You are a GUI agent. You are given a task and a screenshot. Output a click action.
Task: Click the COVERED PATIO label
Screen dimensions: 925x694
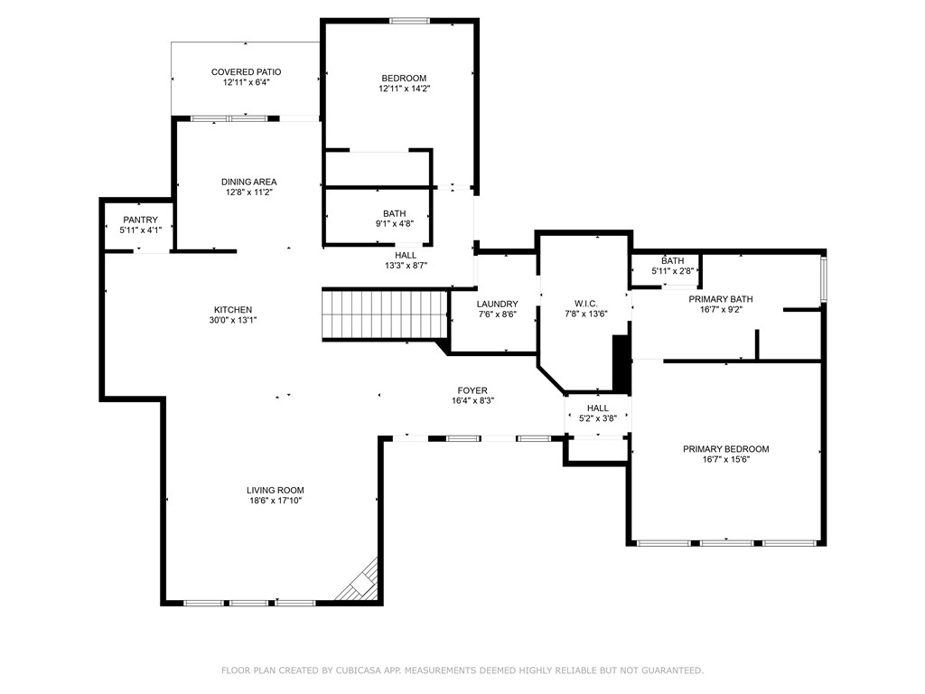(x=246, y=72)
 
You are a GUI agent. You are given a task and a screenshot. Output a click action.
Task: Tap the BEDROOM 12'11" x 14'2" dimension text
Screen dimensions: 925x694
(x=404, y=89)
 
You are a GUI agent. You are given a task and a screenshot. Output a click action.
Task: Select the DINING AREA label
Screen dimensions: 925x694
(x=249, y=182)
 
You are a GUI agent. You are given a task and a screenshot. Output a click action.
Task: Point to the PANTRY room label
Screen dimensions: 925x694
(x=140, y=220)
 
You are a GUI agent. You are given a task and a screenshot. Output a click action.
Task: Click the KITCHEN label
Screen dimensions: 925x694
(x=233, y=310)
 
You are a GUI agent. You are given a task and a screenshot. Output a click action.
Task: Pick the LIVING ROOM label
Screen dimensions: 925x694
(x=276, y=490)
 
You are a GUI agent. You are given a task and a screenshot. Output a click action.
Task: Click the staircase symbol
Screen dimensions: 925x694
(x=385, y=314)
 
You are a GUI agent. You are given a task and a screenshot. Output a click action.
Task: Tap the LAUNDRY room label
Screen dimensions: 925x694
(x=498, y=304)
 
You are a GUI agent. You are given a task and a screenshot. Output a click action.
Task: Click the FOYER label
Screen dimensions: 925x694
(x=472, y=390)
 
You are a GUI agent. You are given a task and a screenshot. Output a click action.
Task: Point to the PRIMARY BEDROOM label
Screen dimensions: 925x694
(x=726, y=449)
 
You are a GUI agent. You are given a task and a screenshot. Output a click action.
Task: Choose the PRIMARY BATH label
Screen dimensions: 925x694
(x=721, y=299)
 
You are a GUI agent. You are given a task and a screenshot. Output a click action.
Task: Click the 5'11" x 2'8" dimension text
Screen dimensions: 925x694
(x=672, y=271)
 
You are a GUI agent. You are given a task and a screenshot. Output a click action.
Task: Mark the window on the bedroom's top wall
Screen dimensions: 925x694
(x=409, y=22)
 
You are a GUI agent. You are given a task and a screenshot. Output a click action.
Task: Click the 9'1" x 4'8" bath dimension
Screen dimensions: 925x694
(x=395, y=224)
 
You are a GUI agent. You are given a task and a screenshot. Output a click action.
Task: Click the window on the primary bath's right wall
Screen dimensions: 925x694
(x=824, y=280)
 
